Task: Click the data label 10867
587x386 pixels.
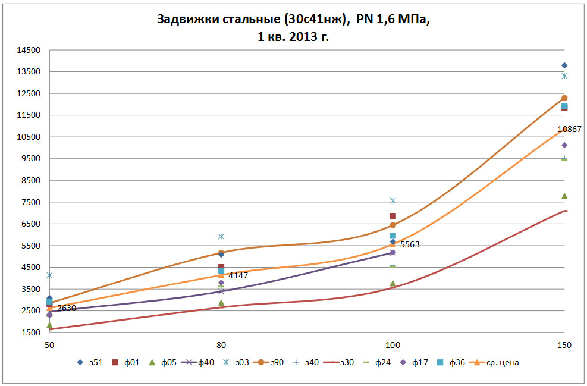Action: point(569,129)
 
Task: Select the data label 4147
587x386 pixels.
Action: point(237,275)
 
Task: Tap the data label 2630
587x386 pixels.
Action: point(66,308)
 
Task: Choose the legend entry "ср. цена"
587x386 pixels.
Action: point(501,362)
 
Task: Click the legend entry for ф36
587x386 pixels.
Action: point(454,362)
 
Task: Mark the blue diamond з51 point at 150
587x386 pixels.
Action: point(564,65)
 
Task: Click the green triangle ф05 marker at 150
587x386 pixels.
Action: point(564,196)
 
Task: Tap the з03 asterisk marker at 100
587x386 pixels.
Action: point(393,201)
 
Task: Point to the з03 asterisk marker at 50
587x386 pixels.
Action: point(49,275)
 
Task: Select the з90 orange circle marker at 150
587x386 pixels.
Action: point(564,98)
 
